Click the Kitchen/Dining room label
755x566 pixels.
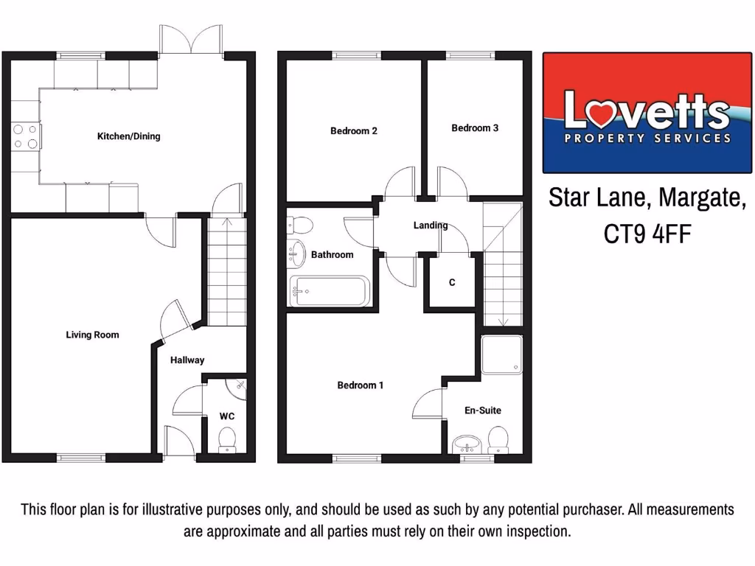[128, 136]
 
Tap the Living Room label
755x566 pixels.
[92, 335]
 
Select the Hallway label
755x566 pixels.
[187, 360]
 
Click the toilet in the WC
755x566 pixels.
[228, 438]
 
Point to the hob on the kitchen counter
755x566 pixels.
[25, 137]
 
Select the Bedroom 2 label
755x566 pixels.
[354, 131]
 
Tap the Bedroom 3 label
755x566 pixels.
[475, 128]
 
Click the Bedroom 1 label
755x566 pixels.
[360, 385]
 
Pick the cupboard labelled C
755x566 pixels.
[452, 282]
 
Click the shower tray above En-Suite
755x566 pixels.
[502, 355]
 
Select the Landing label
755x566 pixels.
[431, 226]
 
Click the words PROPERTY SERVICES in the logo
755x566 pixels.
[647, 138]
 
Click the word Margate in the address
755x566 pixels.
[700, 198]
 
